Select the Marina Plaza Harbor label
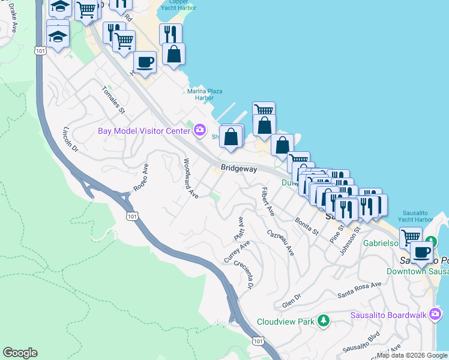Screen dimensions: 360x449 coord(205,94)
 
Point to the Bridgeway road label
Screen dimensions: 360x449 coord(238,169)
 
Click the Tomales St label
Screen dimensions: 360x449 coord(113,100)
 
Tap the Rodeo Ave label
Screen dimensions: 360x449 coord(140,177)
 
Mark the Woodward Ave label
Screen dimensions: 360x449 coord(190,178)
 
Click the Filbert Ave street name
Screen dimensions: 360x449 coord(267,202)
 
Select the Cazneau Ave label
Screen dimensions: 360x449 coord(281,241)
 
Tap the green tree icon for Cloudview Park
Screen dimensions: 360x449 coord(324,321)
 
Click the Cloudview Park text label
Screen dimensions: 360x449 coord(286,322)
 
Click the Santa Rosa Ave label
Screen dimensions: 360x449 coord(359,290)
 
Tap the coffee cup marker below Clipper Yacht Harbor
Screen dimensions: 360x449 coord(144,62)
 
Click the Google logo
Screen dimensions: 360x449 coord(20,353)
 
